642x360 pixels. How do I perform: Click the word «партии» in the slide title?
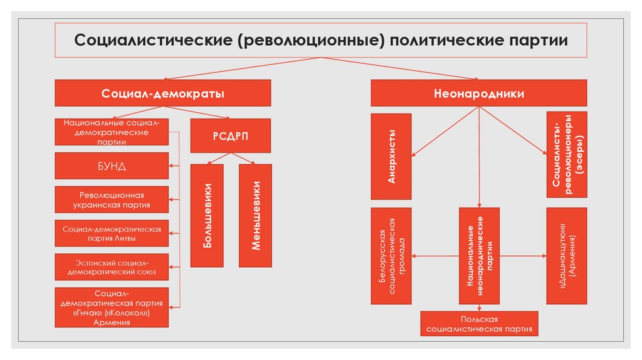pyautogui.click(x=537, y=41)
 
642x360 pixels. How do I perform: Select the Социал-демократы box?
pyautogui.click(x=163, y=93)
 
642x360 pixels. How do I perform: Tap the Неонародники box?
pyautogui.click(x=479, y=93)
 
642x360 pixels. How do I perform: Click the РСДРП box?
pyautogui.click(x=231, y=135)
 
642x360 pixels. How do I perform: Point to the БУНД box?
pyautogui.click(x=112, y=166)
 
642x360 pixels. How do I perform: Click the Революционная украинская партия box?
pyautogui.click(x=112, y=199)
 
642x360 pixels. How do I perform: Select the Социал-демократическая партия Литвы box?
pyautogui.click(x=112, y=233)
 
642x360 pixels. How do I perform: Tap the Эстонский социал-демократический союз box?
pyautogui.click(x=112, y=267)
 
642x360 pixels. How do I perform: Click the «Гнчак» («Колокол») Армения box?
pyautogui.click(x=112, y=307)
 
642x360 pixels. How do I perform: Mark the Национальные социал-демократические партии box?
pyautogui.click(x=112, y=132)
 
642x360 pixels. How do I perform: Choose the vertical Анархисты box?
pyautogui.click(x=391, y=157)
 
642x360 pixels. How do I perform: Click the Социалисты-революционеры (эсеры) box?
pyautogui.click(x=567, y=155)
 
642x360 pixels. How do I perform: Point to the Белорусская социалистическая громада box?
pyautogui.click(x=391, y=255)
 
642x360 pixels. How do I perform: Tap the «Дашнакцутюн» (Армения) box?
pyautogui.click(x=567, y=255)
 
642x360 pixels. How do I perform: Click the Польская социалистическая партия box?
pyautogui.click(x=479, y=323)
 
